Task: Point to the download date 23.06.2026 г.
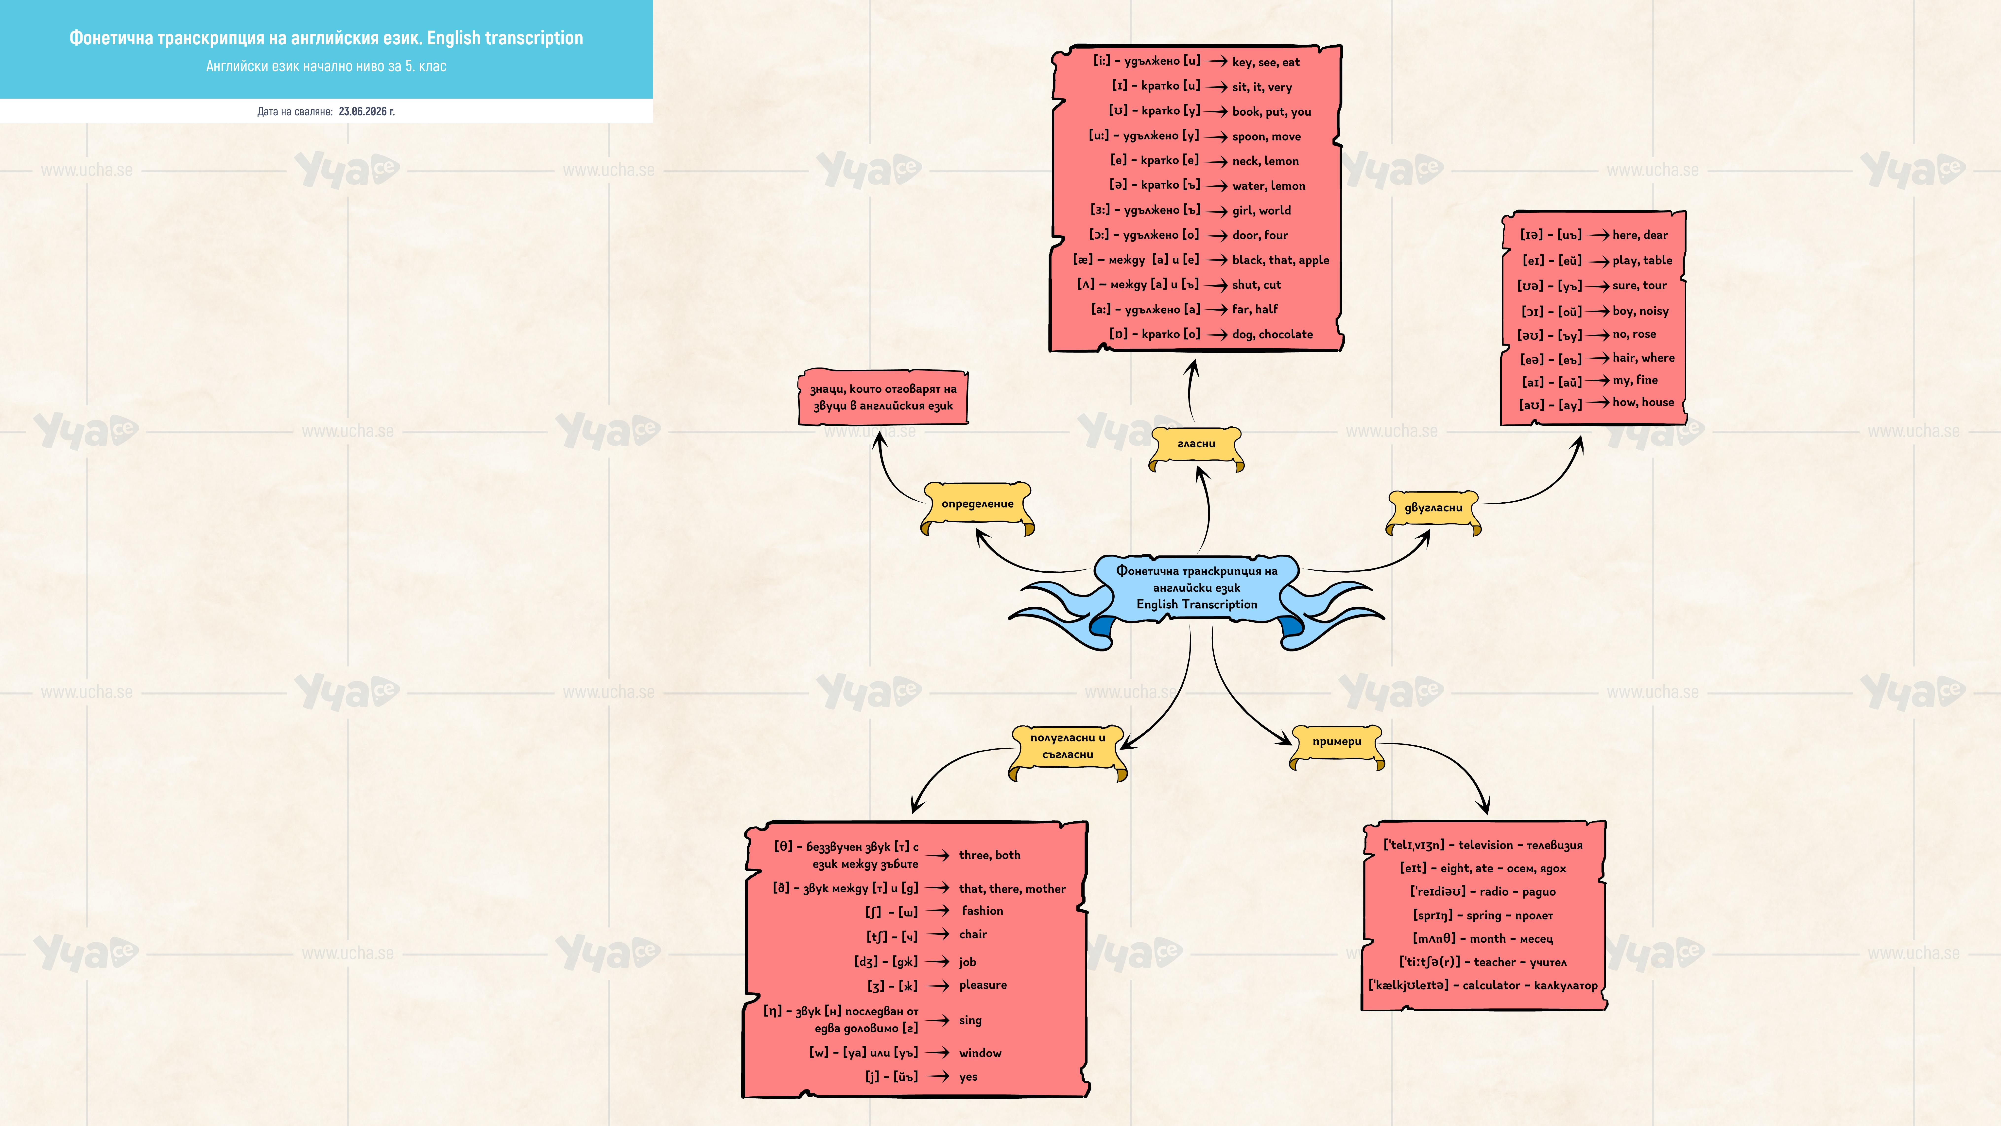367,111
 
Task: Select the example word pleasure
983,985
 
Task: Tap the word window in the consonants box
980,1053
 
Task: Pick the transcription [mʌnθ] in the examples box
1434,939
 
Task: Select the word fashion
983,911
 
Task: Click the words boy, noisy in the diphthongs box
1640,311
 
